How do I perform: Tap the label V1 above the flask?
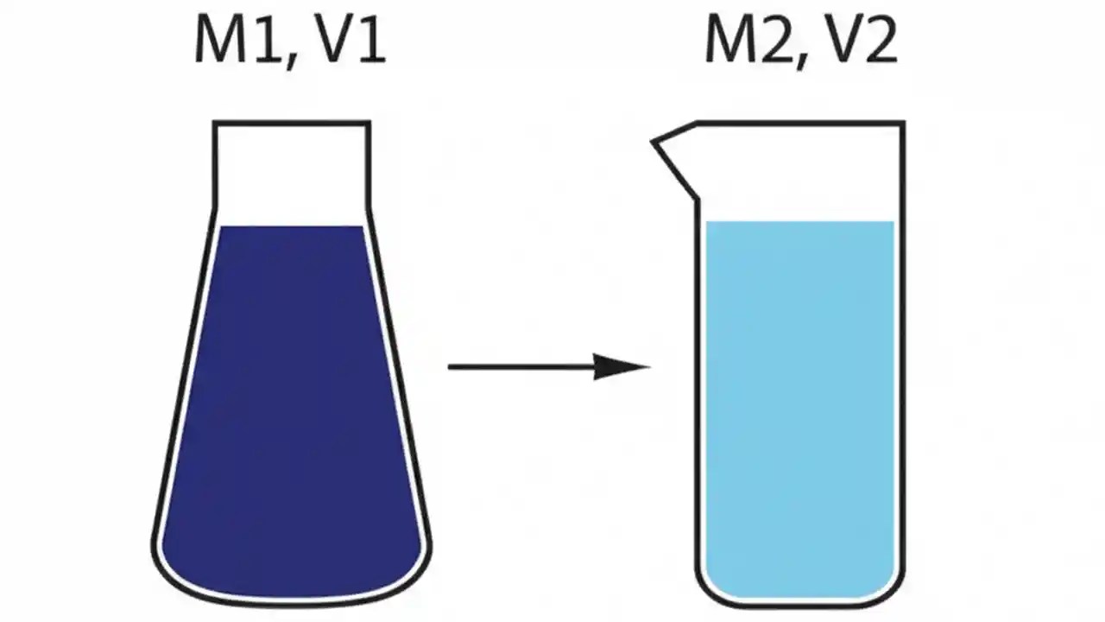350,41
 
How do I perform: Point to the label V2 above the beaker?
864,41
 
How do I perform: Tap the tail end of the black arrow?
451,367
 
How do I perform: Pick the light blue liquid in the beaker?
799,406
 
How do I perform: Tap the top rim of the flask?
292,124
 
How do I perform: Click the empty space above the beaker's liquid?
799,173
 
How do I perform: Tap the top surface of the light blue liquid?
799,223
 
